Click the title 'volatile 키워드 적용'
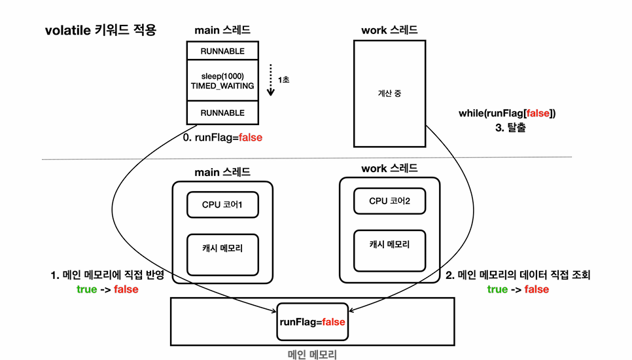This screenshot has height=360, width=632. (x=100, y=30)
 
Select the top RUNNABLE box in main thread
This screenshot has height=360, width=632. (x=222, y=50)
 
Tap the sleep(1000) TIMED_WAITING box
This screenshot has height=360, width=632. (x=222, y=81)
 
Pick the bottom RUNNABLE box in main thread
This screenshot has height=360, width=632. (x=222, y=113)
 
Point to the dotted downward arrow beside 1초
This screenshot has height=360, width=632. (x=271, y=80)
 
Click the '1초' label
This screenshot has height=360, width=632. (x=284, y=79)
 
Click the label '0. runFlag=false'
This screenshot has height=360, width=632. (x=222, y=137)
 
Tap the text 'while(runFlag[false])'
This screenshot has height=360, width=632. (x=507, y=113)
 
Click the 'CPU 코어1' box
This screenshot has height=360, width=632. (x=222, y=204)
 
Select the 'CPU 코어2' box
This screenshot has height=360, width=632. (x=389, y=200)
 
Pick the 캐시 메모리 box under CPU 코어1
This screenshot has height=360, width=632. (x=222, y=254)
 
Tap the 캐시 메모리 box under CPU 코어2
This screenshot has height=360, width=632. (x=389, y=250)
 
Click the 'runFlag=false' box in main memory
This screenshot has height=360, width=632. (x=312, y=321)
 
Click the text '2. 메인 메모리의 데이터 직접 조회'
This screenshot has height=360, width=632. (x=518, y=275)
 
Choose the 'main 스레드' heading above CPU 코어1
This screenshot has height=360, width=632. (x=222, y=171)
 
